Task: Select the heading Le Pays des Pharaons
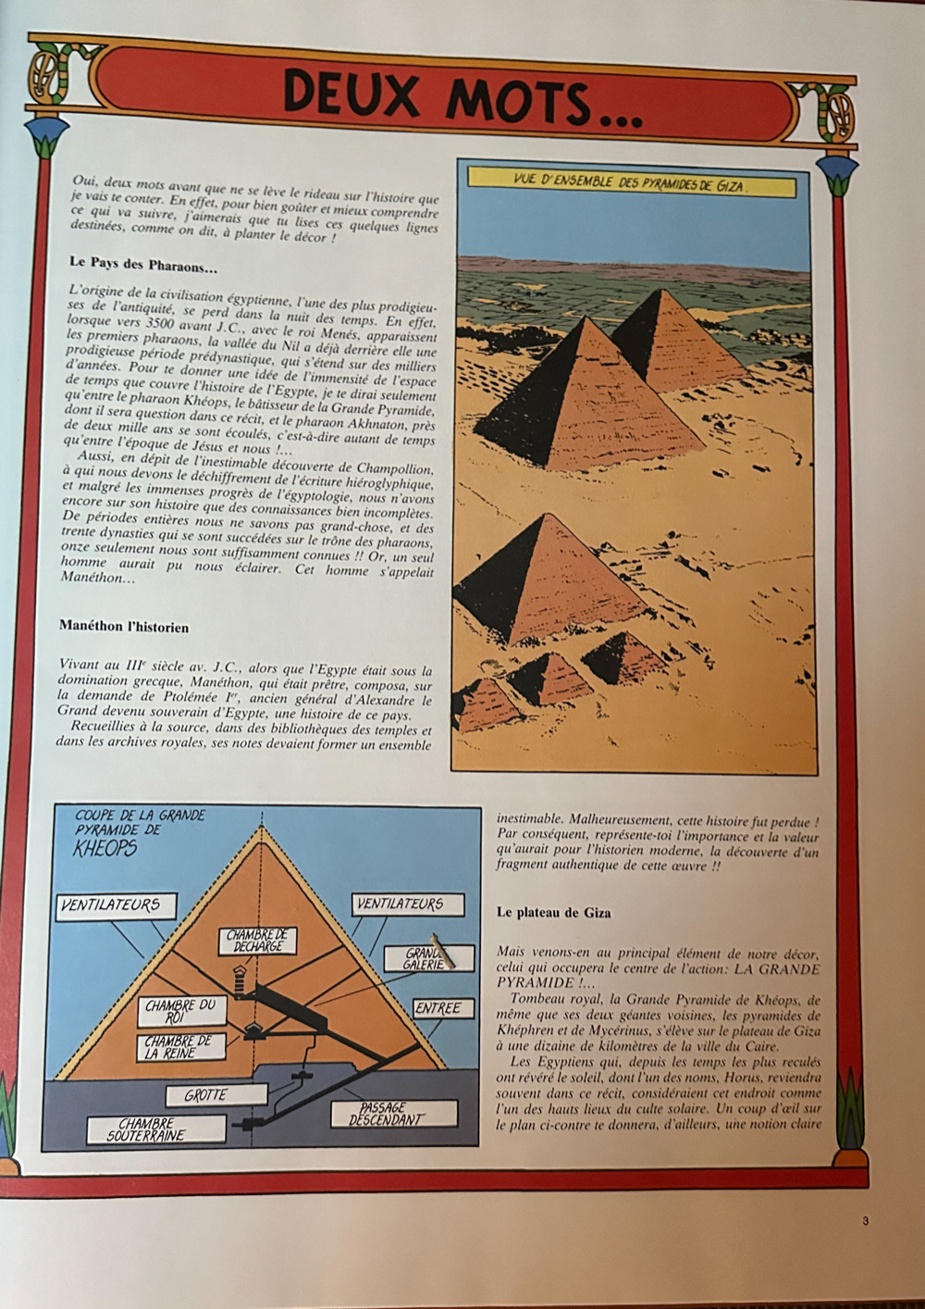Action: pyautogui.click(x=143, y=263)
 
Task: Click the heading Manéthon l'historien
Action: pyautogui.click(x=123, y=627)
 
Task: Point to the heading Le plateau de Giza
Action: pyautogui.click(x=553, y=912)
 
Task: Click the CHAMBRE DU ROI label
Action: pyautogui.click(x=180, y=1010)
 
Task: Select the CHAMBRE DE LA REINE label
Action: pyautogui.click(x=178, y=1046)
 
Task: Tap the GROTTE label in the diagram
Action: pyautogui.click(x=204, y=1095)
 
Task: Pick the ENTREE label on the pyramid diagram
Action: pyautogui.click(x=438, y=1008)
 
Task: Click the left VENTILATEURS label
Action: pyautogui.click(x=111, y=904)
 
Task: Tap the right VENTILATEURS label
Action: pyautogui.click(x=401, y=903)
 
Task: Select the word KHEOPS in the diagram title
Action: pyautogui.click(x=105, y=848)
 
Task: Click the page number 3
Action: pyautogui.click(x=865, y=1221)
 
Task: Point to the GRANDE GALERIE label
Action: pyautogui.click(x=426, y=958)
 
